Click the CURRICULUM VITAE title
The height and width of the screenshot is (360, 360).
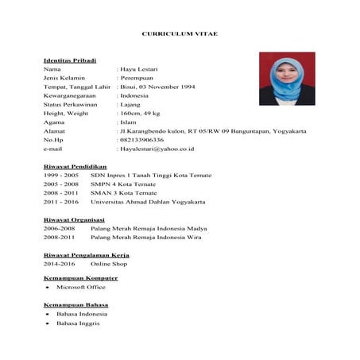pyautogui.click(x=179, y=35)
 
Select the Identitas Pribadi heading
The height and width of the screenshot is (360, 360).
pyautogui.click(x=70, y=60)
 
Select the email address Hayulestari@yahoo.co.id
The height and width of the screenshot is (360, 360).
pyautogui.click(x=157, y=149)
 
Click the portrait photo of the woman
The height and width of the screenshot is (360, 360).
pyautogui.click(x=286, y=79)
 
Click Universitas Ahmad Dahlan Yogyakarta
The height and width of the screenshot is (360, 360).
pyautogui.click(x=148, y=202)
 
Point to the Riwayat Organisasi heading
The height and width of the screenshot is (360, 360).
pyautogui.click(x=74, y=219)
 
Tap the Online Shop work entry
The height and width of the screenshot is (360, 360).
pyautogui.click(x=110, y=262)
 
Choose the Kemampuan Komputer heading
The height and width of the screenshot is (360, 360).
pyautogui.click(x=80, y=278)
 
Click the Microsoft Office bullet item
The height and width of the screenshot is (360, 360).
pyautogui.click(x=81, y=288)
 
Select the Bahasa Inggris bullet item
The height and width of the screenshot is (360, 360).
pyautogui.click(x=78, y=323)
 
